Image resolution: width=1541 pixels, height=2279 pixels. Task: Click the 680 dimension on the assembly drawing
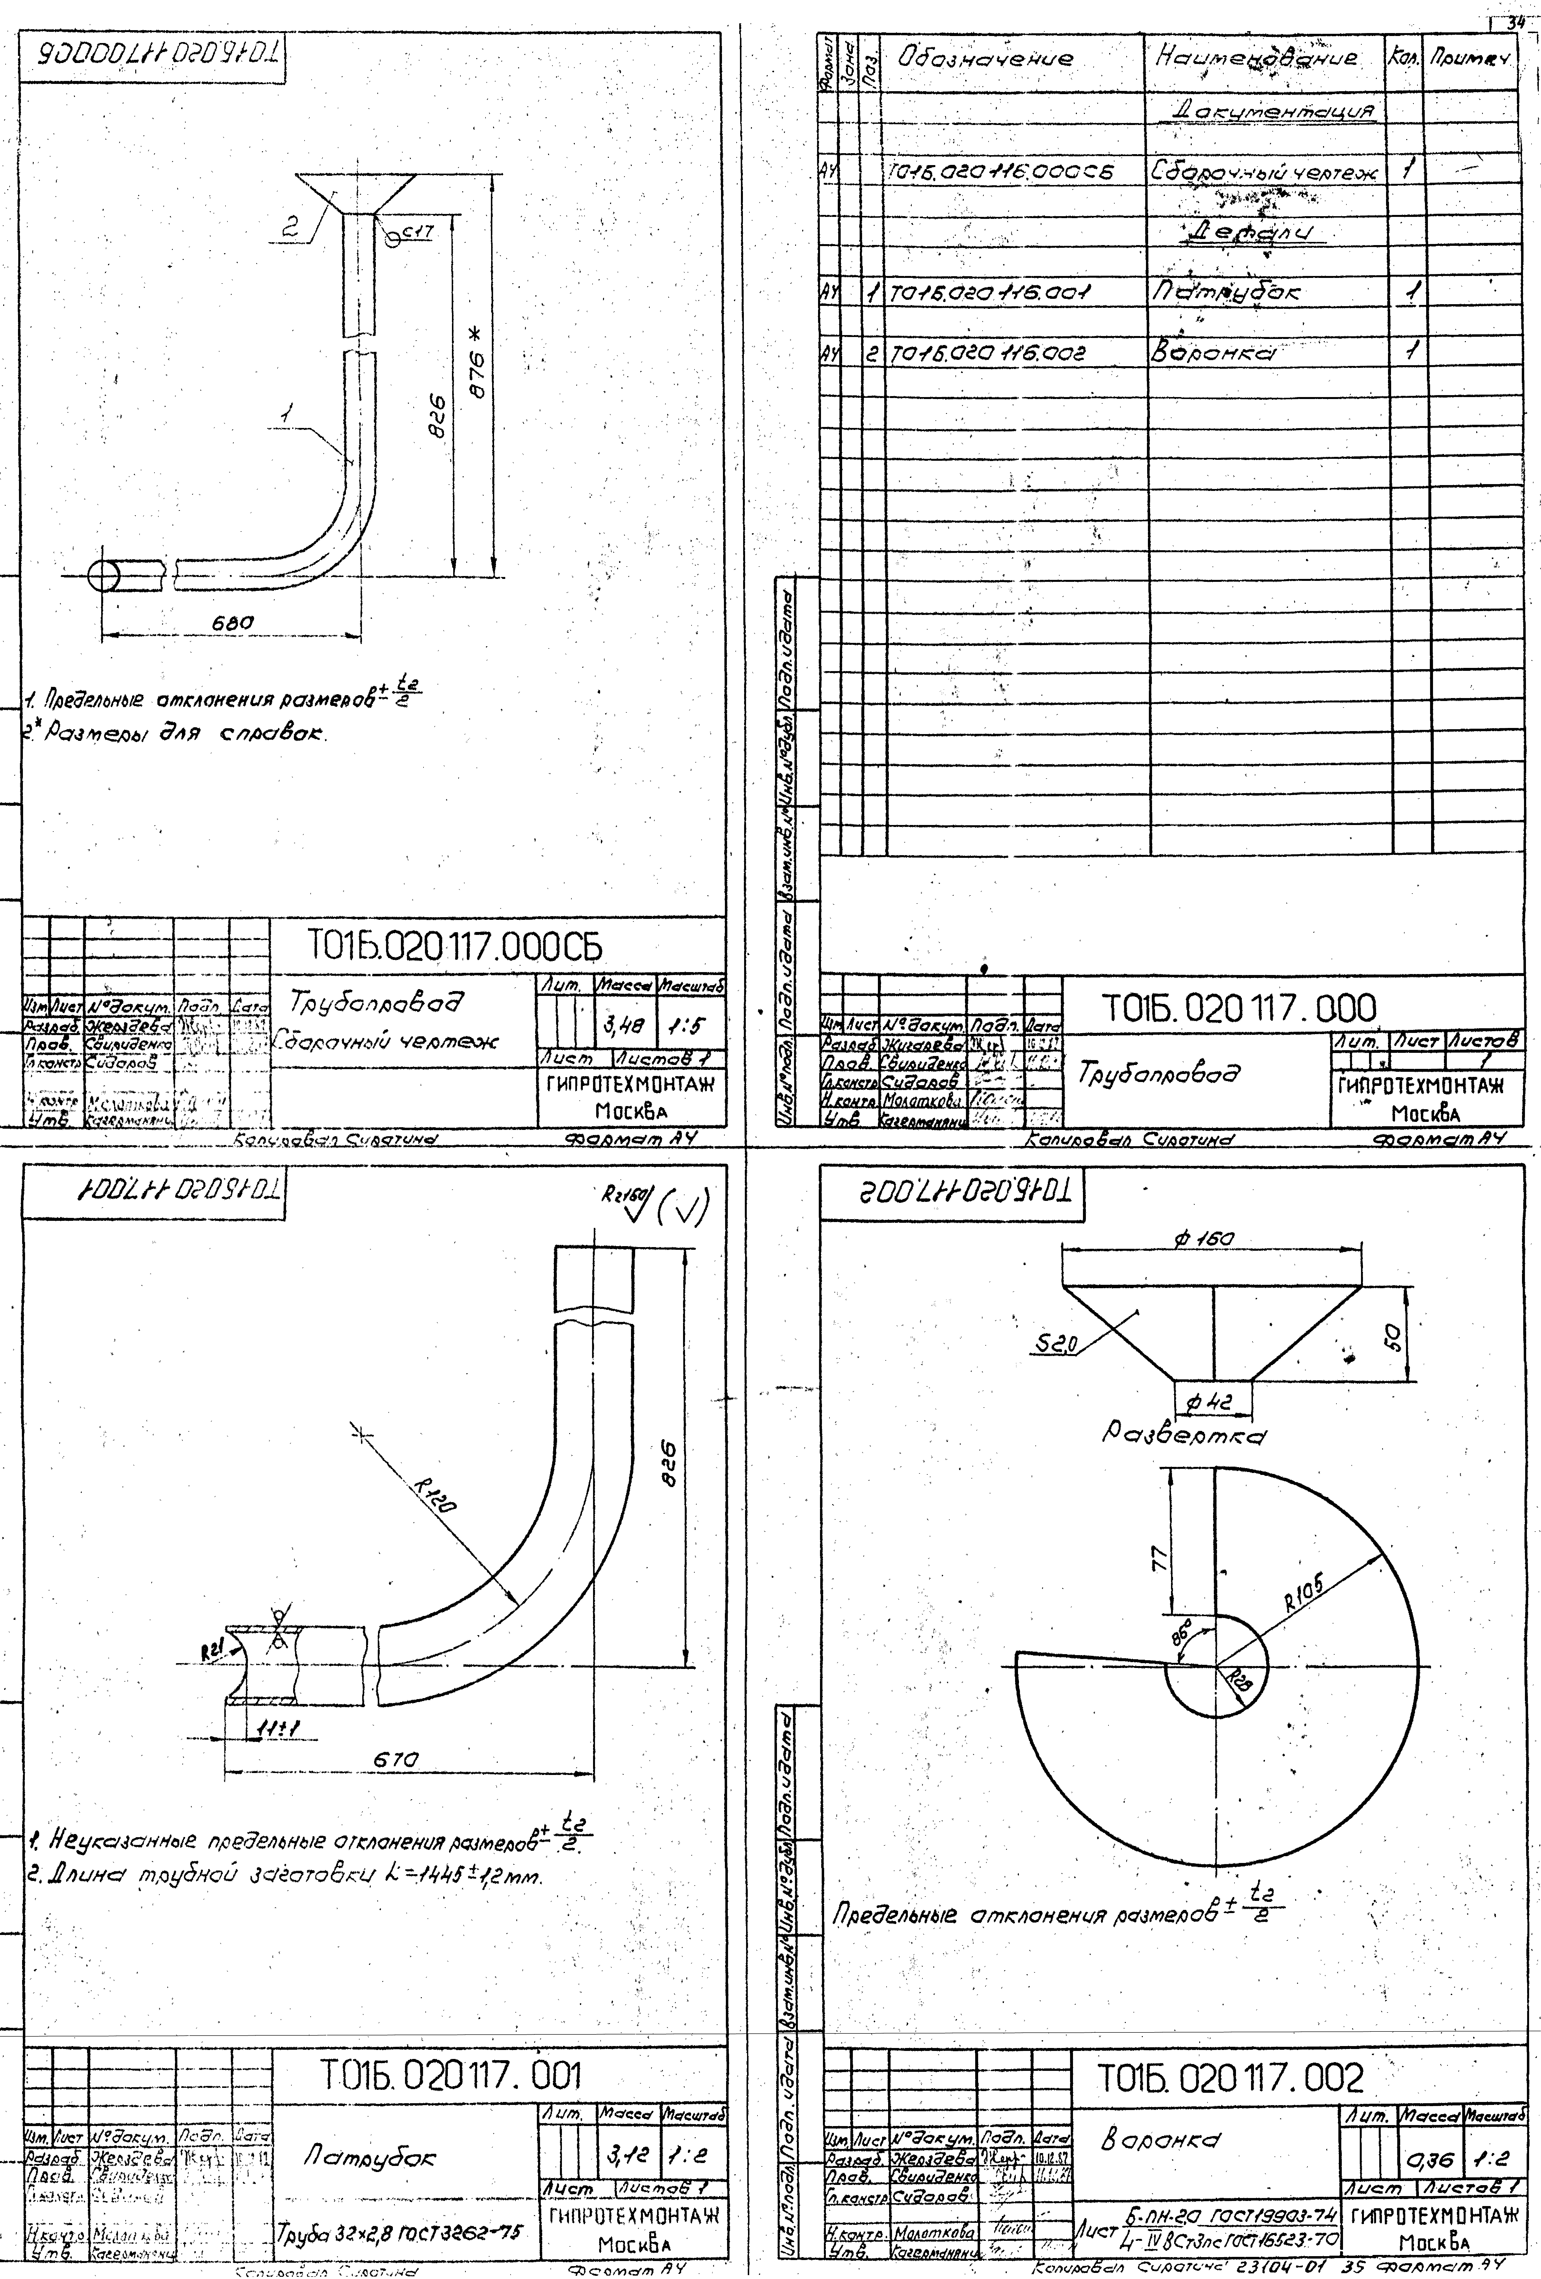pos(234,622)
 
